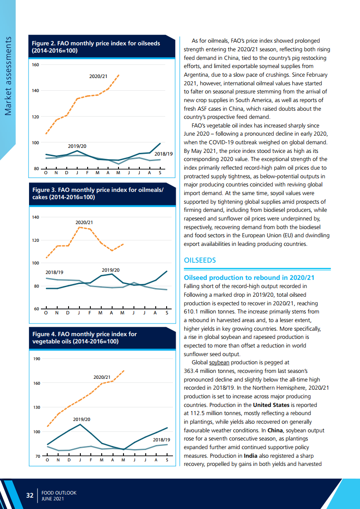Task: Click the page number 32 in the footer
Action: point(30,495)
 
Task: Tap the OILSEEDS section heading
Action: point(200,260)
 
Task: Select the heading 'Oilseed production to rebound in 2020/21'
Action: point(249,278)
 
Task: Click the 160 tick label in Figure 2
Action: point(35,65)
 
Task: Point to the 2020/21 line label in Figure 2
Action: point(98,76)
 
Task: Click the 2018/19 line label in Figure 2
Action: point(163,154)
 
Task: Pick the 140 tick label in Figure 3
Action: point(35,217)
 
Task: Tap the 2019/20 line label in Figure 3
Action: point(110,270)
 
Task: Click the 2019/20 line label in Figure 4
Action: point(82,419)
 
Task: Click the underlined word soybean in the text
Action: point(219,362)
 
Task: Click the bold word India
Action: point(252,455)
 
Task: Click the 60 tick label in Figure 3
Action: point(36,309)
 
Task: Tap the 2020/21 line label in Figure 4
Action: point(102,377)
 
